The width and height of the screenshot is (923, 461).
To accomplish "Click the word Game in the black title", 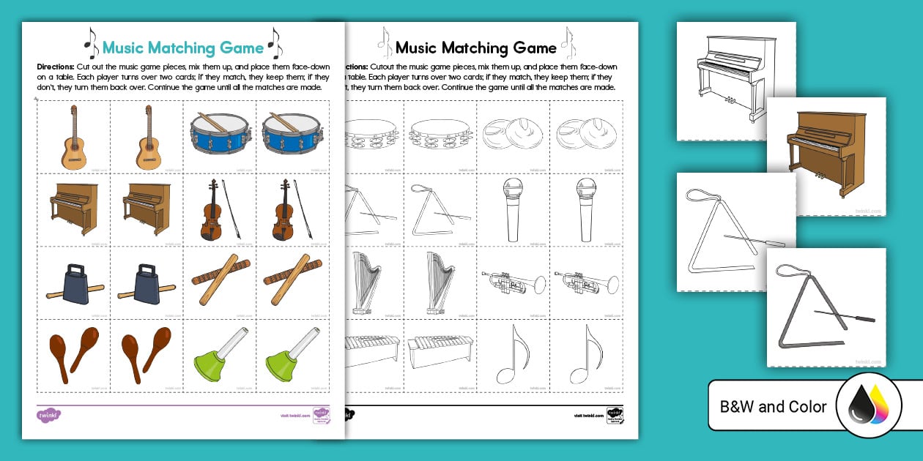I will click(535, 48).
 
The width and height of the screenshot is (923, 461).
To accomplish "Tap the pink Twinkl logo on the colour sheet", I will click(48, 416).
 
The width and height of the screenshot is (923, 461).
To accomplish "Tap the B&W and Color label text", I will click(774, 407).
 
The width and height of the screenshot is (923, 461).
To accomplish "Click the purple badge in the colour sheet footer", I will click(321, 416).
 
